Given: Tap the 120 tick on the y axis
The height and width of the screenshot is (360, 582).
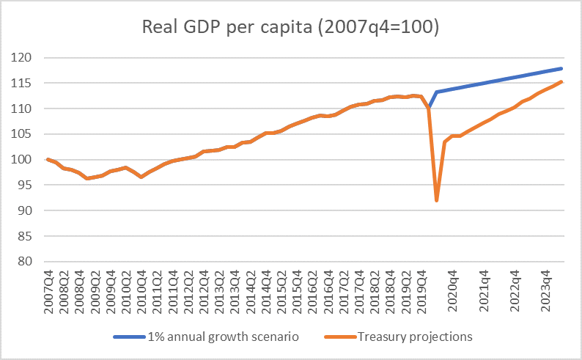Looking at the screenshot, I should [26, 58].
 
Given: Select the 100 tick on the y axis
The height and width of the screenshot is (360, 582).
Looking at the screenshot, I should [26, 160].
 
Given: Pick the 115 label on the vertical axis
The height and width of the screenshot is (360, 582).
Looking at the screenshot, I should [26, 84].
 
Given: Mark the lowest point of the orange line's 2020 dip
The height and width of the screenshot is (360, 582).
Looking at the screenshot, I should [437, 200].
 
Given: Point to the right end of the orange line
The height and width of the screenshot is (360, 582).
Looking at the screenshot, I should [561, 81].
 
